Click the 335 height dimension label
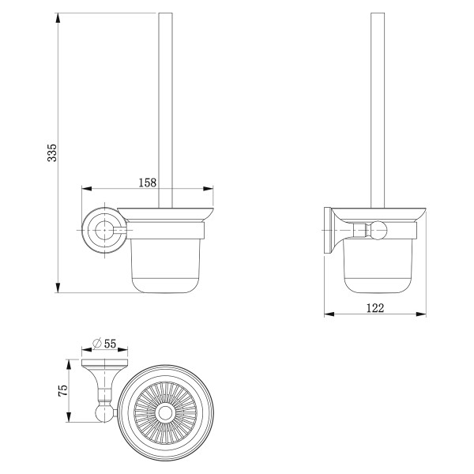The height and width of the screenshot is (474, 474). (x=52, y=152)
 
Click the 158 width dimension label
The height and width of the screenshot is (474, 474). (x=148, y=182)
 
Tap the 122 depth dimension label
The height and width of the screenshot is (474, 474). (x=375, y=308)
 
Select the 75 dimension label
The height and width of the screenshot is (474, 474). (x=63, y=390)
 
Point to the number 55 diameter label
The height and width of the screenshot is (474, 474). (x=110, y=344)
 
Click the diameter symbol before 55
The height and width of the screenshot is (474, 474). (x=96, y=344)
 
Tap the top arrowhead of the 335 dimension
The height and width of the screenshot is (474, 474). (x=58, y=18)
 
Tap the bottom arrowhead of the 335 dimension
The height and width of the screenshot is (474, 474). (x=58, y=288)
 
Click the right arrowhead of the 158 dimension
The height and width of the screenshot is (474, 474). (x=208, y=189)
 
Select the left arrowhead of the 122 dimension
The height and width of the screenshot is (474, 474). (x=329, y=314)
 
